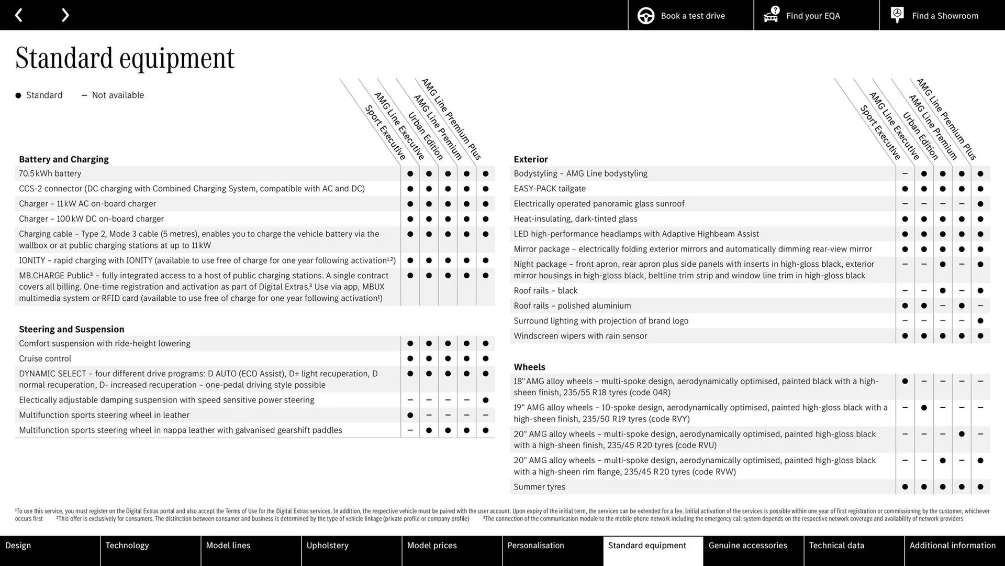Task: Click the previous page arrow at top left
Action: pos(19,15)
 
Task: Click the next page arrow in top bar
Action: pos(65,15)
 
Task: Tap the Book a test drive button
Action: pos(690,16)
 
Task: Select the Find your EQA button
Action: pos(816,16)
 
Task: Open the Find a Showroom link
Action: pos(942,16)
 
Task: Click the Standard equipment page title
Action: pos(125,58)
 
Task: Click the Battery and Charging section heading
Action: pos(64,159)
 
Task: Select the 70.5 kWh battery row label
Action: pos(50,173)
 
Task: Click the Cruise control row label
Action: pos(45,358)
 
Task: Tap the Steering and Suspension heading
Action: pos(72,329)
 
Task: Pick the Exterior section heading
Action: pos(531,159)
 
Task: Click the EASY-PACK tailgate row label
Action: pos(550,189)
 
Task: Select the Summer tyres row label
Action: pos(539,487)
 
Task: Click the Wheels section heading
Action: pos(529,367)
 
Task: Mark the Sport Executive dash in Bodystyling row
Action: pos(905,173)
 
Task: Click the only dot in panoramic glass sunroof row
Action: pos(980,204)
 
